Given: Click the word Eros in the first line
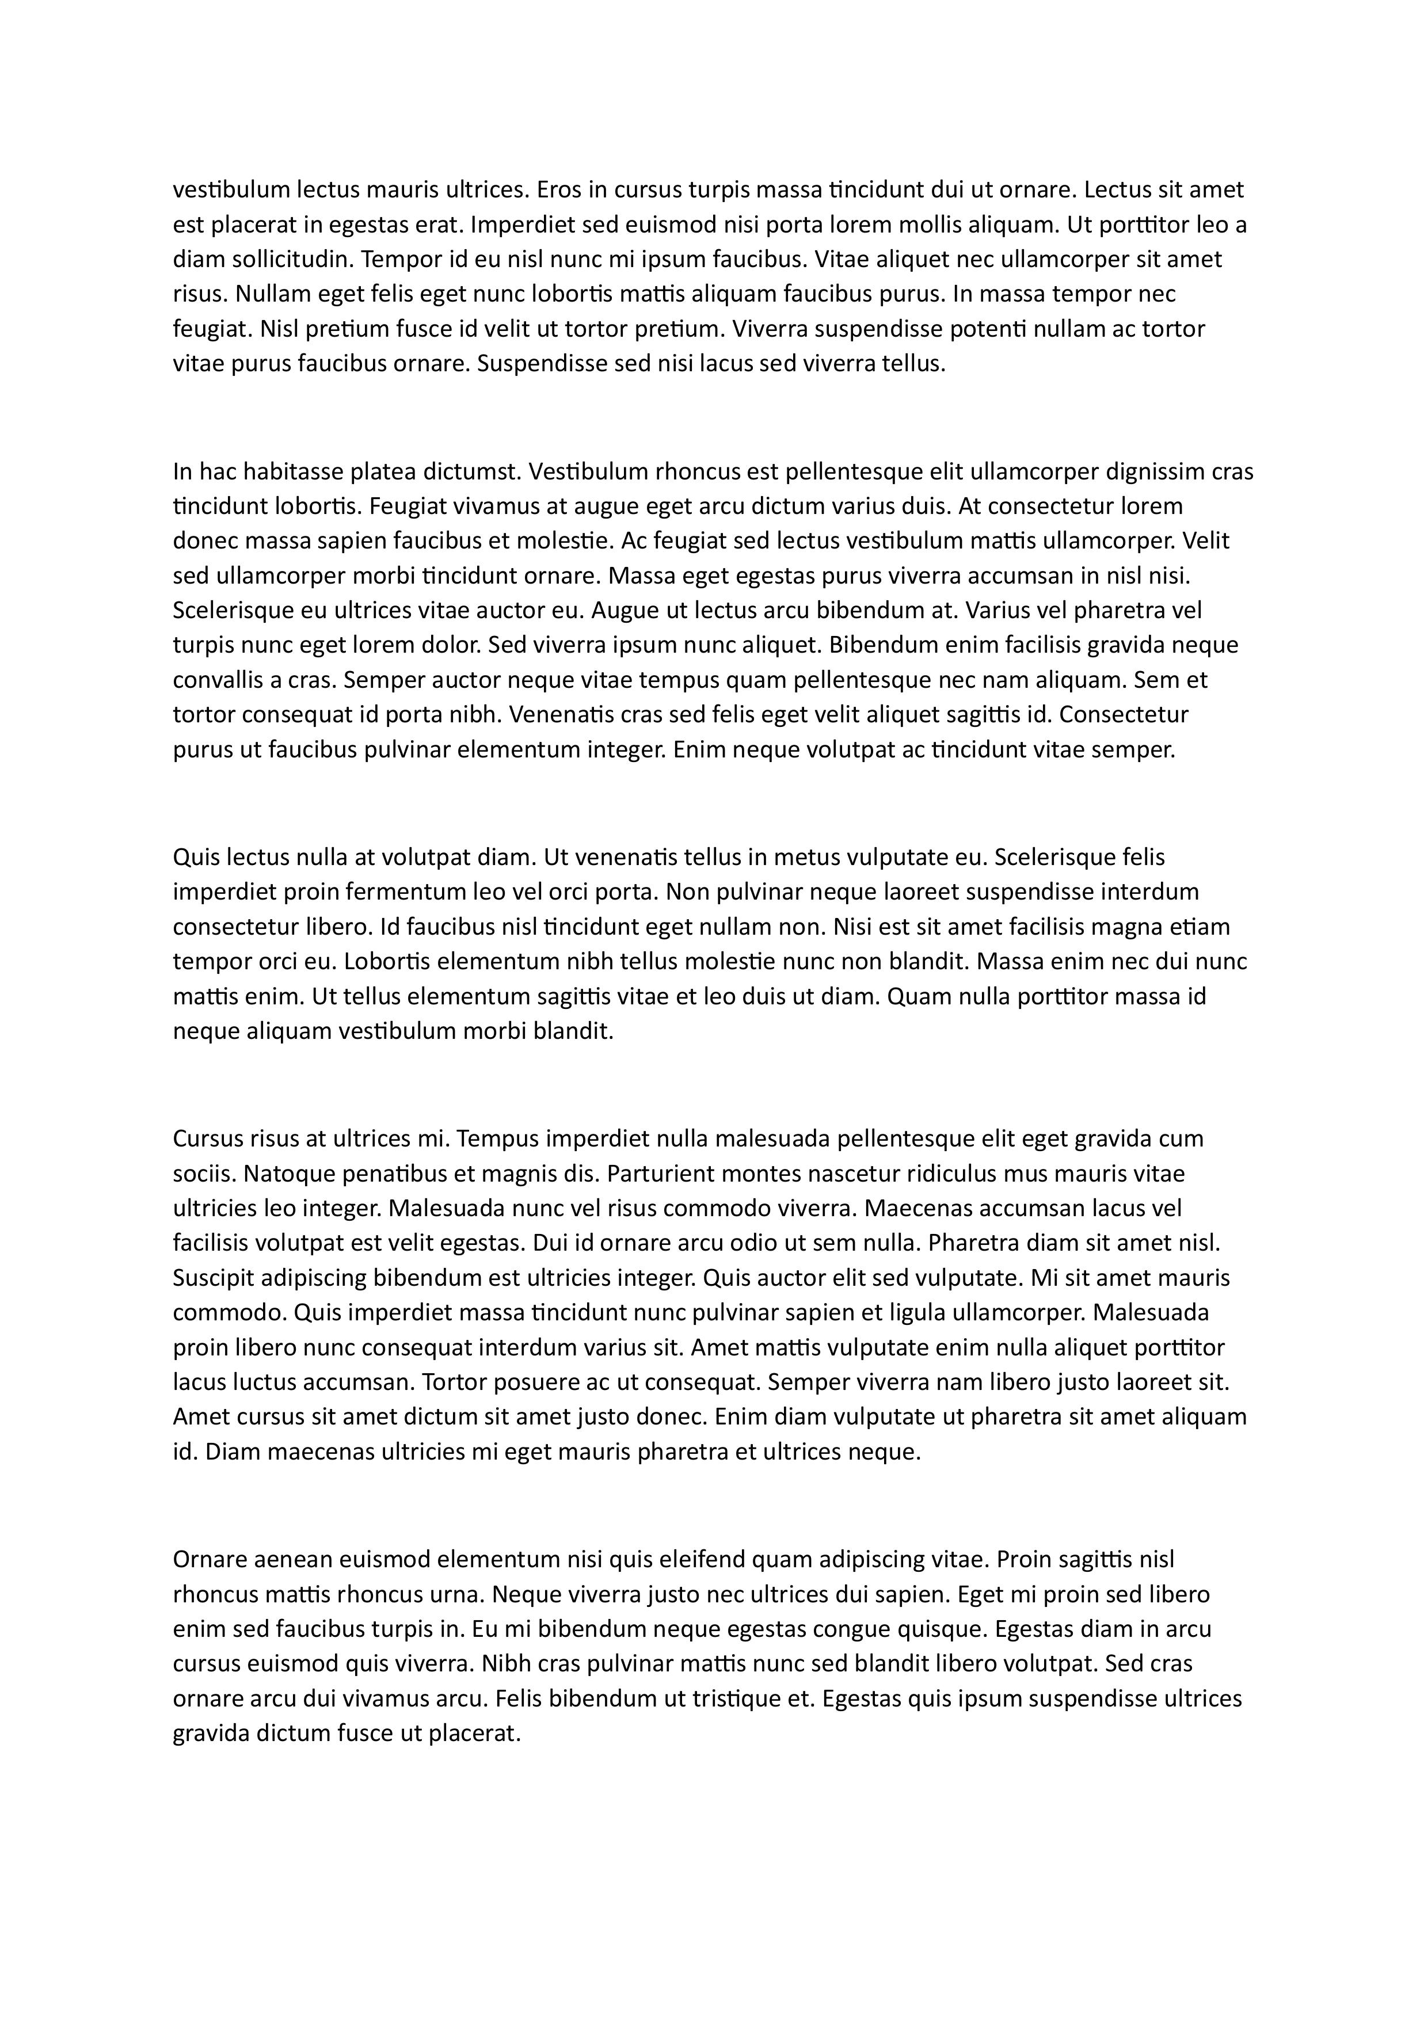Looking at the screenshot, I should point(558,190).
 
